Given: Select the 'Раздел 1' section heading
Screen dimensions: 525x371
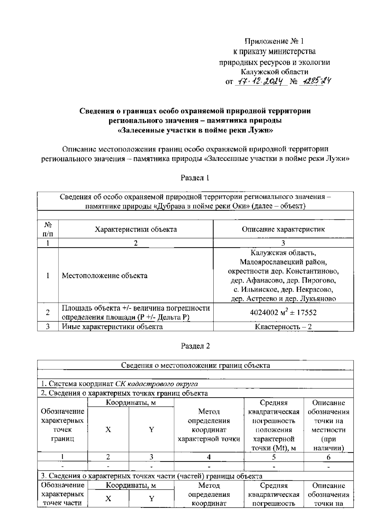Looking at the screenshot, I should coord(195,178).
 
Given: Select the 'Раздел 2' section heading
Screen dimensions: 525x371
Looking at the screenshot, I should coord(195,346).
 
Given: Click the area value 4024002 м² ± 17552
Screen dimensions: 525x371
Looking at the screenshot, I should coord(283,312).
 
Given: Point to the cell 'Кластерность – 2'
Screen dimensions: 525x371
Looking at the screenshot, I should coord(283,327).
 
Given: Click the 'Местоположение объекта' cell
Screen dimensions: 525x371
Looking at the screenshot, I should coord(104,275).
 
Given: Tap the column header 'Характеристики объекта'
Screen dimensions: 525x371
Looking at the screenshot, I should coord(136,229).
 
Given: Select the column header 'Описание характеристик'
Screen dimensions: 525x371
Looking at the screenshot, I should coord(283,229).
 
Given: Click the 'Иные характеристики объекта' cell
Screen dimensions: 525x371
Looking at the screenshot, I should coord(112,327).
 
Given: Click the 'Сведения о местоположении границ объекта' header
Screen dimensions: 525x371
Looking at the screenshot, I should coord(195,365).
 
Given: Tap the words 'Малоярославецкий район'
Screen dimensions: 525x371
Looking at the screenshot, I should coord(283,262).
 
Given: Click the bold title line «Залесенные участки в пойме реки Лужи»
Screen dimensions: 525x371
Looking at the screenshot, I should coord(195,130).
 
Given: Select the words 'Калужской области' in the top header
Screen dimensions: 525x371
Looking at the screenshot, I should coord(275,72).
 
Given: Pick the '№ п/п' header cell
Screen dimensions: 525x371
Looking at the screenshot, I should coord(48,229).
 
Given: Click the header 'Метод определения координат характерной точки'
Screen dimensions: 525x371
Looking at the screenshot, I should coord(209,425).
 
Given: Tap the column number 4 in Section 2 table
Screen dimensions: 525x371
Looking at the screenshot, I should coord(209,457).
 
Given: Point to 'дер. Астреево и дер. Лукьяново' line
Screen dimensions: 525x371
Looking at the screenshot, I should coord(283,299).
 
